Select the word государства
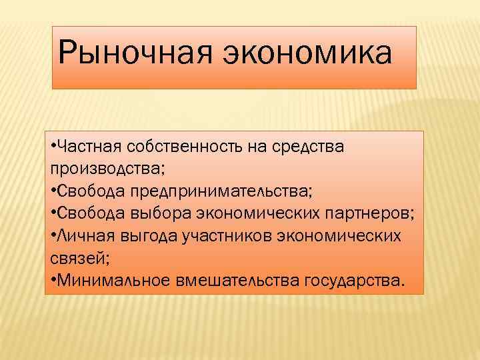click(353, 280)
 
